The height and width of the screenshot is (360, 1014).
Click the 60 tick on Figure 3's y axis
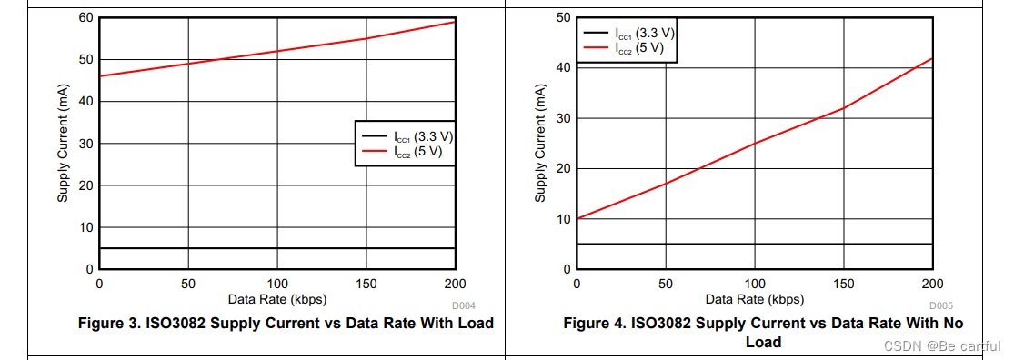click(x=85, y=18)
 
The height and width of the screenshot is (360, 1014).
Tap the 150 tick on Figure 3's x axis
click(x=366, y=284)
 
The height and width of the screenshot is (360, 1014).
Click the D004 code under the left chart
click(x=465, y=305)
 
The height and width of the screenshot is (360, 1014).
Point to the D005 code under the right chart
click(x=941, y=305)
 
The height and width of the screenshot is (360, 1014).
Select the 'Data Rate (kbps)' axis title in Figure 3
click(x=277, y=298)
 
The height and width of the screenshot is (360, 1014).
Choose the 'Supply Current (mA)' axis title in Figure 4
click(x=540, y=144)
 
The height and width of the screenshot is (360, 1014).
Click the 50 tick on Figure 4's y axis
click(x=563, y=18)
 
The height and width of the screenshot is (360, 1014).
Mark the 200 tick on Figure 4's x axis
click(x=932, y=284)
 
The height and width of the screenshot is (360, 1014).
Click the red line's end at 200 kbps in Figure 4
click(x=932, y=58)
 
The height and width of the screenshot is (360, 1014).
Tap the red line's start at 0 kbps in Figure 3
click(x=100, y=76)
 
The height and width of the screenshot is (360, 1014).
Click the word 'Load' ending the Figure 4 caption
click(x=763, y=343)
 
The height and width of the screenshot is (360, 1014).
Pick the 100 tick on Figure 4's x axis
click(x=754, y=284)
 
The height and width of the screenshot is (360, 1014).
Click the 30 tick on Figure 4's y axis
click(x=563, y=118)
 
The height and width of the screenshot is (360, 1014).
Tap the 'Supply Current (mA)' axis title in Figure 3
click(x=63, y=144)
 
